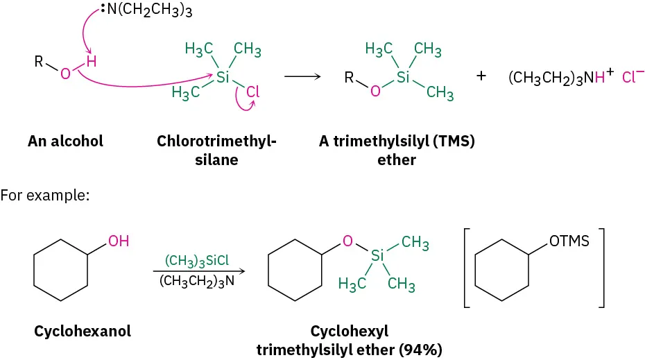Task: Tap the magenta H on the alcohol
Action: tap(92, 62)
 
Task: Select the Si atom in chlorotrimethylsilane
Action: tap(223, 77)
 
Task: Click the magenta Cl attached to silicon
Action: tap(254, 90)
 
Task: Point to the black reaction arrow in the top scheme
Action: tap(302, 76)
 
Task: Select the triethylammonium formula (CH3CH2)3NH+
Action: tap(561, 78)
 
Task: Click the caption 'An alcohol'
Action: tap(65, 142)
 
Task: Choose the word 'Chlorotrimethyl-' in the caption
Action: tap(216, 142)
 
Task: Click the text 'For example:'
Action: tap(45, 196)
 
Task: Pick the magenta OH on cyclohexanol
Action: tap(119, 241)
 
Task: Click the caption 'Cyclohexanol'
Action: tap(83, 332)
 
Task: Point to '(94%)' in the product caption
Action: tap(420, 350)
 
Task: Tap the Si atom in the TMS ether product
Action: tap(377, 255)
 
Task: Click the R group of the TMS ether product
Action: tap(350, 76)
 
